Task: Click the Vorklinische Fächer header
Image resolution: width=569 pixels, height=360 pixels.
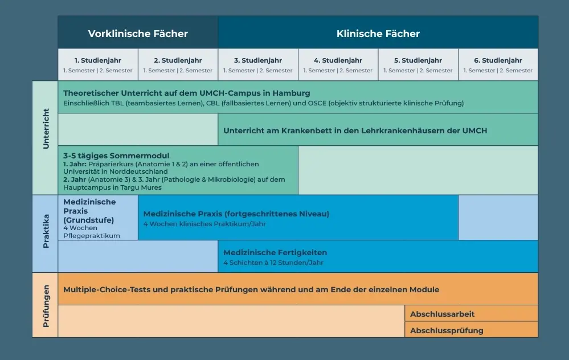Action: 138,34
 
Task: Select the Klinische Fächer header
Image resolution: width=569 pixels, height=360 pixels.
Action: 378,34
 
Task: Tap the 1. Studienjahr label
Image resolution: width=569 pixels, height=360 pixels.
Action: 97,60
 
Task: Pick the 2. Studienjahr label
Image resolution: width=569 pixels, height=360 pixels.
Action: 178,60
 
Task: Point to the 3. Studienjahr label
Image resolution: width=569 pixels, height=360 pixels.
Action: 258,60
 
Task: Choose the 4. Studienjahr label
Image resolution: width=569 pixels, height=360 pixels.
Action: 338,60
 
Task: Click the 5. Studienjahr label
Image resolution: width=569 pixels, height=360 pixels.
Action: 418,60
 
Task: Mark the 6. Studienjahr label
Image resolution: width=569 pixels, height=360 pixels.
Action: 498,60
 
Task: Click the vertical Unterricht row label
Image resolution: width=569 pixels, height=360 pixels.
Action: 46,129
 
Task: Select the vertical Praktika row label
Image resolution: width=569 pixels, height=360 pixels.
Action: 46,231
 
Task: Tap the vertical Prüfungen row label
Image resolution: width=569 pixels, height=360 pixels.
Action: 46,306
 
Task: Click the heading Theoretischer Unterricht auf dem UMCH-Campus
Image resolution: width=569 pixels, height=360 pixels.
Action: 186,93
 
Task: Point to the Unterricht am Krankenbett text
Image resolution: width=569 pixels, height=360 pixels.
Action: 355,130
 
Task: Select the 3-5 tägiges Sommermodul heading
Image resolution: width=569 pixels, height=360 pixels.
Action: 116,156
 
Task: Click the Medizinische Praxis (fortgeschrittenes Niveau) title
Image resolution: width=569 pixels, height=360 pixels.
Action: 236,214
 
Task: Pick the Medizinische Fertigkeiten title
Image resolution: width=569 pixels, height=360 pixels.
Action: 275,252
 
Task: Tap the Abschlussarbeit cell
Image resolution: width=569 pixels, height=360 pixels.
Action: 471,313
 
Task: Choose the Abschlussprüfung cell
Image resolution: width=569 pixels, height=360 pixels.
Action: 471,329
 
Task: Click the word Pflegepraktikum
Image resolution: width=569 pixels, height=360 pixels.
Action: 92,236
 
